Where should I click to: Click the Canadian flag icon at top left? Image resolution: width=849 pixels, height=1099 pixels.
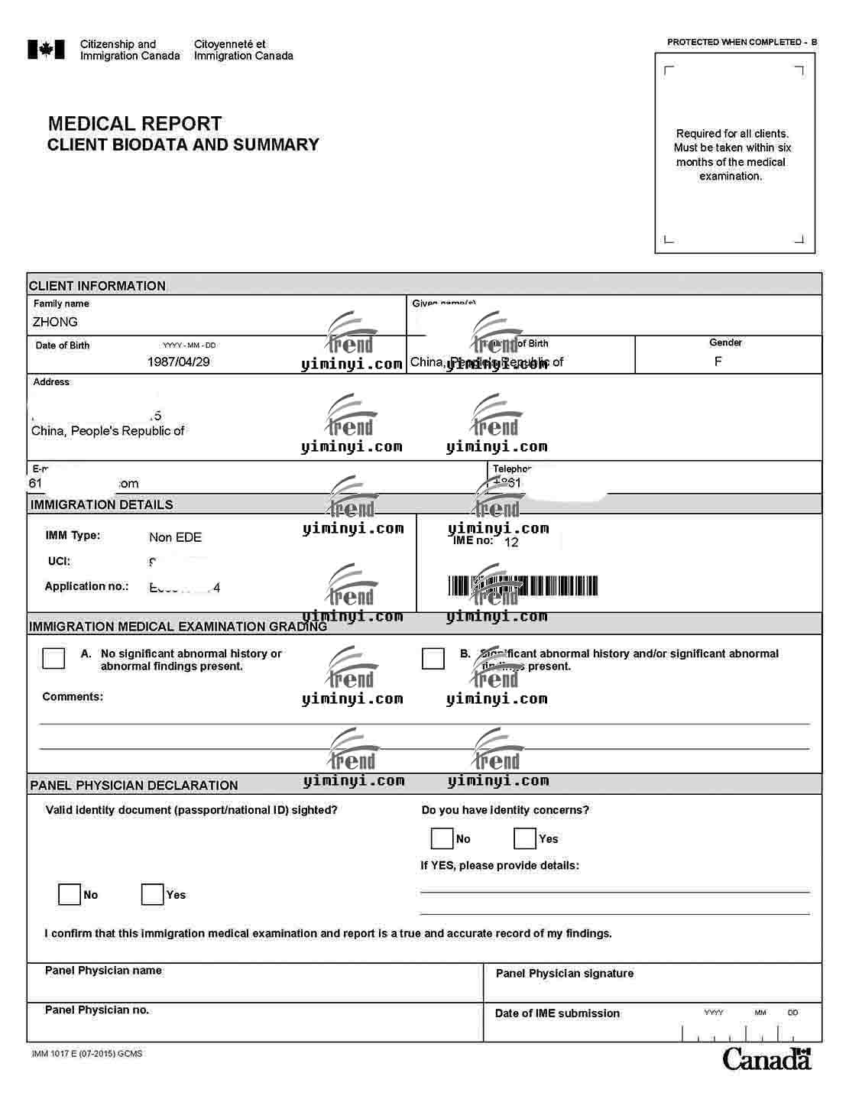pyautogui.click(x=46, y=50)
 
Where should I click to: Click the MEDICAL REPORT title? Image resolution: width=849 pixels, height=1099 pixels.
pyautogui.click(x=134, y=124)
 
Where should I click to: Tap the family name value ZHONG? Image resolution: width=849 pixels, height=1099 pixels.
pyautogui.click(x=55, y=322)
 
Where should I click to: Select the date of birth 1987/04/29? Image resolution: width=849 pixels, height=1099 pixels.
pyautogui.click(x=178, y=361)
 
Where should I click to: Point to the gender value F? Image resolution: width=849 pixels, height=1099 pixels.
pyautogui.click(x=718, y=361)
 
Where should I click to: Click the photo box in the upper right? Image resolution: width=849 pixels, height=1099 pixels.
pyautogui.click(x=734, y=153)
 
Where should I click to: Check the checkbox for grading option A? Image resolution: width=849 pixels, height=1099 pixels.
pyautogui.click(x=53, y=658)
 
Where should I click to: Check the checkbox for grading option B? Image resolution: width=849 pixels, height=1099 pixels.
pyautogui.click(x=433, y=658)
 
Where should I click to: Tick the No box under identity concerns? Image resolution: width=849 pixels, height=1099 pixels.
pyautogui.click(x=442, y=838)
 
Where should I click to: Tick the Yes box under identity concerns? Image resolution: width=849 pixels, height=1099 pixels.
pyautogui.click(x=525, y=838)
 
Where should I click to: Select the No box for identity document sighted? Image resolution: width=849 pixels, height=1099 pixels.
pyautogui.click(x=70, y=894)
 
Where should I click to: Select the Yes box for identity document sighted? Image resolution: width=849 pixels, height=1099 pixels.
pyautogui.click(x=152, y=894)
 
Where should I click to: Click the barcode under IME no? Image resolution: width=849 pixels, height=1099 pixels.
pyautogui.click(x=523, y=586)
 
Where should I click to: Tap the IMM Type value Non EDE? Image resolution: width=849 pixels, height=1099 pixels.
pyautogui.click(x=175, y=537)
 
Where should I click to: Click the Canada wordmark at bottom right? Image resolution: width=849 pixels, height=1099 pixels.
pyautogui.click(x=766, y=1058)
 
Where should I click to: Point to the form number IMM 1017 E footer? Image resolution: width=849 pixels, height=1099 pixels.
pyautogui.click(x=87, y=1053)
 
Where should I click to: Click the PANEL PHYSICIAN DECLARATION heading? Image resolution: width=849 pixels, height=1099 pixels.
pyautogui.click(x=134, y=785)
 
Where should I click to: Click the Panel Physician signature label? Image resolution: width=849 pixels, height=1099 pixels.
pyautogui.click(x=564, y=973)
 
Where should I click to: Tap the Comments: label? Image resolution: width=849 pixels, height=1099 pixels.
pyautogui.click(x=73, y=696)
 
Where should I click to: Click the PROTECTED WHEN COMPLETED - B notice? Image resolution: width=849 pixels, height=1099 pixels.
pyautogui.click(x=741, y=42)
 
